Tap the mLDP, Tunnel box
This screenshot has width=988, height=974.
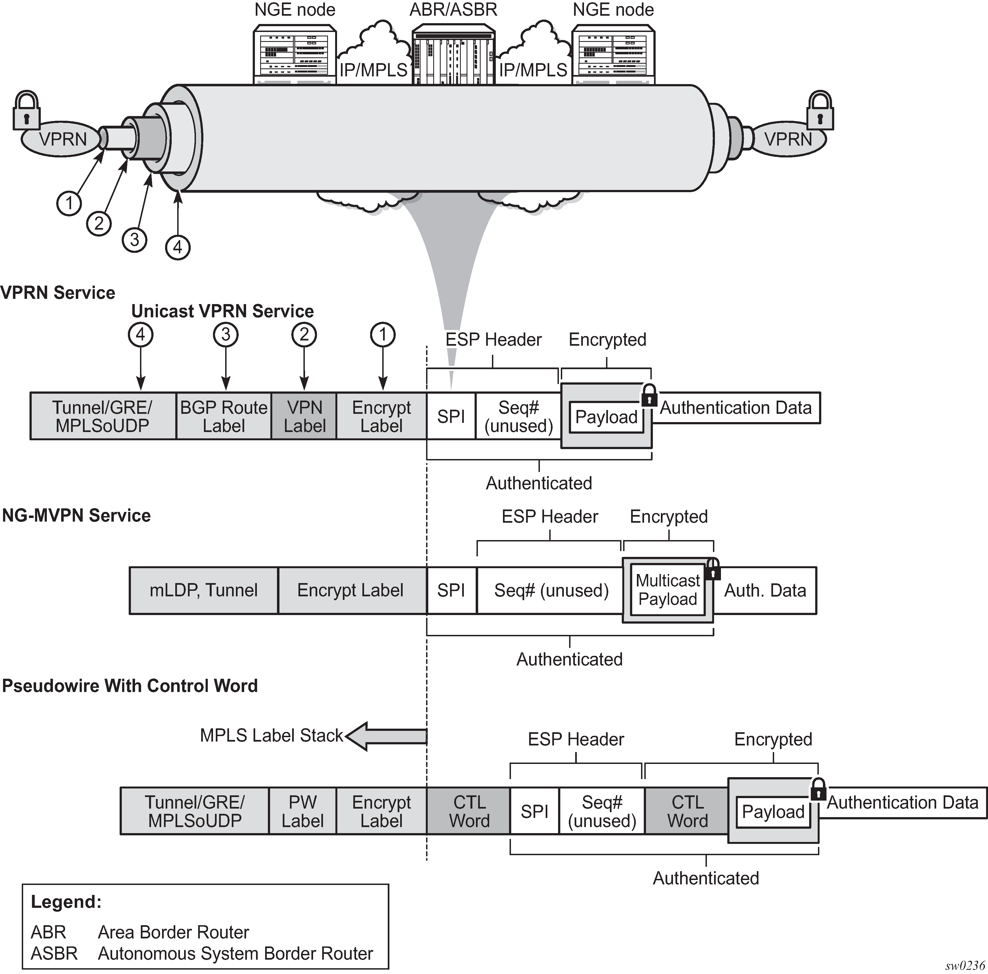[x=204, y=590]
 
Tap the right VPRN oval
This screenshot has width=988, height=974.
[x=788, y=139]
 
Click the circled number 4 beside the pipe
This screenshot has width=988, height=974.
[x=177, y=248]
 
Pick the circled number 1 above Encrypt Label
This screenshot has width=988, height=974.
[x=383, y=335]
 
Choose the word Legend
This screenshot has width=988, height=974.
[x=66, y=902]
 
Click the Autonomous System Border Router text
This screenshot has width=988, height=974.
[x=235, y=954]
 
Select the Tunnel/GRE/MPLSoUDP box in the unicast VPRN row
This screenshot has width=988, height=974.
[x=103, y=416]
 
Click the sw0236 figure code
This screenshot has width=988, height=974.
[x=965, y=965]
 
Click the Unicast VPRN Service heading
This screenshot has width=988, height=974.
[x=222, y=311]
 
